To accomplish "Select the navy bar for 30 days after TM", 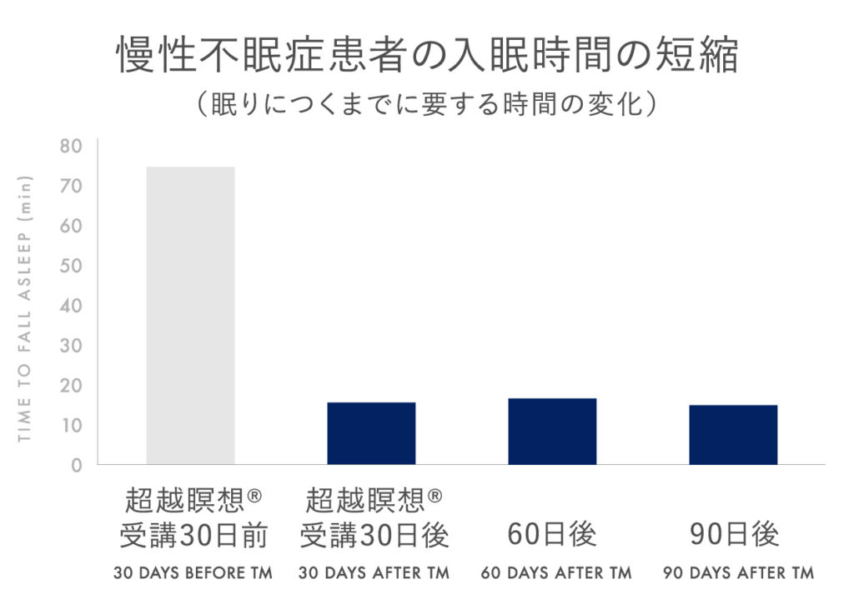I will tap(371, 433).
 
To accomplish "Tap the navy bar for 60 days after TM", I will tap(552, 431).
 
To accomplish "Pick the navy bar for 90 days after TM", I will tap(733, 434).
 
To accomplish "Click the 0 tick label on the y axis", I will tap(77, 465).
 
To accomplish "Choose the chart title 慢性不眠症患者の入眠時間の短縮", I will tap(427, 56).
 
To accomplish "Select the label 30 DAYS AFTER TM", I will tap(374, 573).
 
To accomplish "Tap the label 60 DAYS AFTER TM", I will tap(556, 573).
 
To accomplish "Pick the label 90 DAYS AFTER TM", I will tap(738, 573).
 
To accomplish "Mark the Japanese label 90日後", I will tap(734, 534).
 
